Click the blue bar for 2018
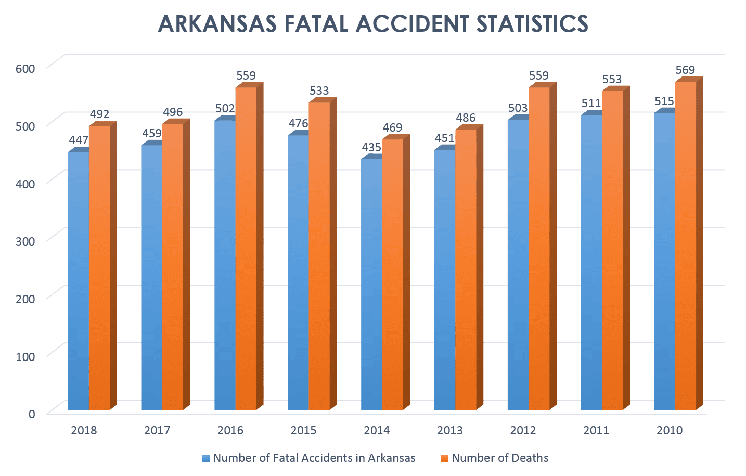pos(78,281)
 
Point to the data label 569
pos(685,70)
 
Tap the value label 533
pos(319,91)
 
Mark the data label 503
pos(518,108)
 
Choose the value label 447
pos(79,140)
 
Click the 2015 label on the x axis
pos(303,431)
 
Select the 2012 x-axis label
pos(523,431)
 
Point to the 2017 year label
pos(157,431)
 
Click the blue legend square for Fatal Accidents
pos(206,458)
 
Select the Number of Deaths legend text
pos(500,458)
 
